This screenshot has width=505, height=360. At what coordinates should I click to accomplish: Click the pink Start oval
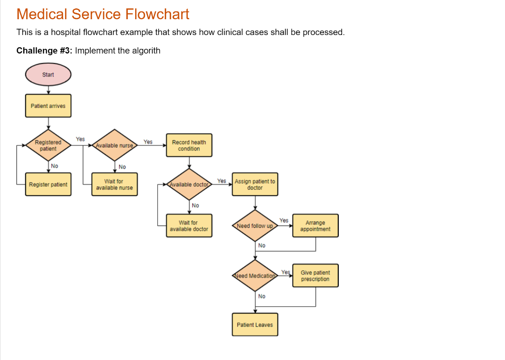tap(48, 75)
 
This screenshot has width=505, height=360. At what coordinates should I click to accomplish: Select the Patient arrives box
tap(48, 106)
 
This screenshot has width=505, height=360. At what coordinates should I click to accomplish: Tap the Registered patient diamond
tap(48, 145)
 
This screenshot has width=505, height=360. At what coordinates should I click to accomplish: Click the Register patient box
tap(48, 184)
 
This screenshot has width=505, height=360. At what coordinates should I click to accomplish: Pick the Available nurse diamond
tap(114, 145)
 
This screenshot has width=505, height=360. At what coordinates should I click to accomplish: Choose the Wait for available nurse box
tap(114, 184)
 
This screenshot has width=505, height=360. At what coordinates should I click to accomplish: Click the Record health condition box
tap(189, 145)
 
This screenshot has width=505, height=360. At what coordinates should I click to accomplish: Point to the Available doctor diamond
tap(189, 184)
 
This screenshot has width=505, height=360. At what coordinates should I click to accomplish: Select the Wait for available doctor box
tap(189, 226)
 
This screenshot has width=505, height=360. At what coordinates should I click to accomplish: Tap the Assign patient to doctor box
tap(255, 184)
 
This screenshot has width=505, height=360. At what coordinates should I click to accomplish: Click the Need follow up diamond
tap(255, 226)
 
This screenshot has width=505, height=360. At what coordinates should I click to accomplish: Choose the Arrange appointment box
tap(316, 226)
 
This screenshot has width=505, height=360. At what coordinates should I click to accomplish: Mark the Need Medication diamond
tap(255, 276)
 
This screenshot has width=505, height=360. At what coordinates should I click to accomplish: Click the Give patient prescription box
tap(316, 276)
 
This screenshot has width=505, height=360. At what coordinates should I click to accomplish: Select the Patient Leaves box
tap(255, 324)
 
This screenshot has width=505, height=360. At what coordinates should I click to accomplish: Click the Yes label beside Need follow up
tap(284, 220)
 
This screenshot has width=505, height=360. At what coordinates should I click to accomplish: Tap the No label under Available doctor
tap(195, 205)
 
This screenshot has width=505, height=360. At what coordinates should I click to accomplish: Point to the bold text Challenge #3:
tap(44, 51)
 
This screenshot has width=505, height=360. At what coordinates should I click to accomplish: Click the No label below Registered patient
tap(54, 166)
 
